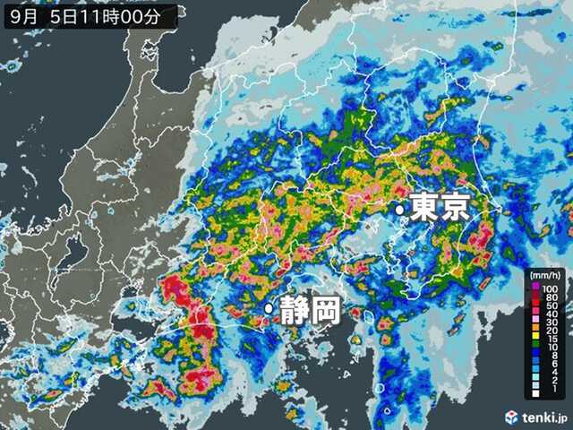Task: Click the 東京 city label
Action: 440,209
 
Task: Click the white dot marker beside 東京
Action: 401,210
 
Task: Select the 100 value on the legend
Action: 552,287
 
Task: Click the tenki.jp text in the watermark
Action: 543,417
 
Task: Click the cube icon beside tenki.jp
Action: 511,417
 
